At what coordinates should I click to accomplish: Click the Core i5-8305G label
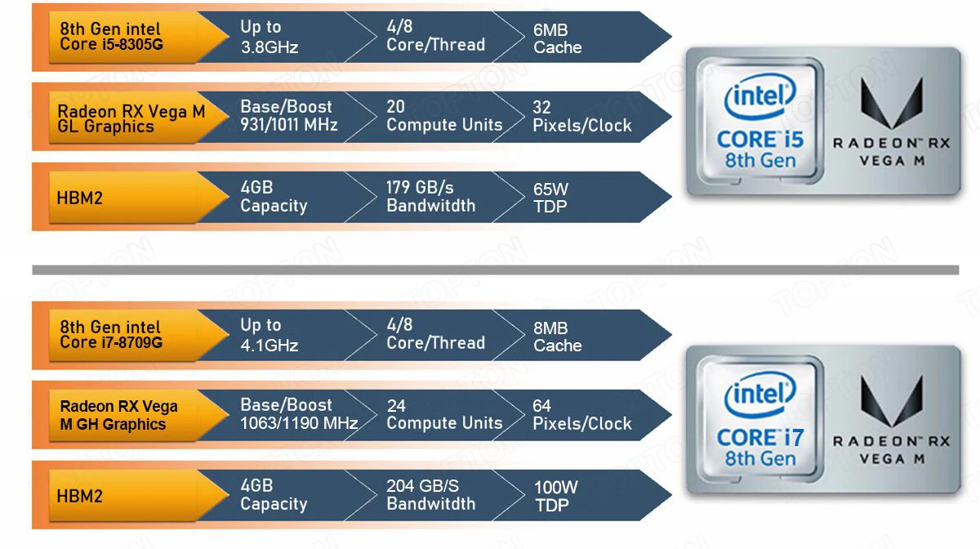[x=111, y=37]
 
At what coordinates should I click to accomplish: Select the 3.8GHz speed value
[x=269, y=47]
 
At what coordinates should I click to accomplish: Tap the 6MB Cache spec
[x=557, y=38]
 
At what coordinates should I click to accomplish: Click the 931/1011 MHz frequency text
[x=288, y=126]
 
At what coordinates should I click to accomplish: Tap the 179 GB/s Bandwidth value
[x=430, y=197]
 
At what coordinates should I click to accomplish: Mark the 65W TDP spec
[x=550, y=198]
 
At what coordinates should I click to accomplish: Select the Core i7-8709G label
[x=111, y=335]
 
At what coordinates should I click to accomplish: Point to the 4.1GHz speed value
[x=269, y=346]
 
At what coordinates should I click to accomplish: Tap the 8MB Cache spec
[x=557, y=337]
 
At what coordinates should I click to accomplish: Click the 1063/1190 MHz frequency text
[x=299, y=424]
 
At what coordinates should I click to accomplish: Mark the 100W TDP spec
[x=555, y=496]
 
